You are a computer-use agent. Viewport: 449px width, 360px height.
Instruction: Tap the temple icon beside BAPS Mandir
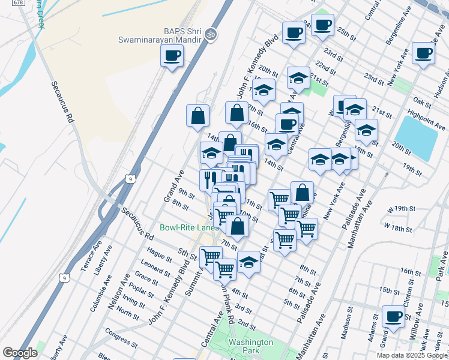[x=209, y=34]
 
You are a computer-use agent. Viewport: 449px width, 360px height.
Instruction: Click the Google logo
[x=20, y=353]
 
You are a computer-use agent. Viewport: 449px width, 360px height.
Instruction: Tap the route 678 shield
[x=19, y=3]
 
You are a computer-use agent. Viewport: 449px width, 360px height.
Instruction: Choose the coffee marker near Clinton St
[x=393, y=316]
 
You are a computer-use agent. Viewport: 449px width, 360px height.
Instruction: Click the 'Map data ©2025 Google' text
[x=411, y=355]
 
